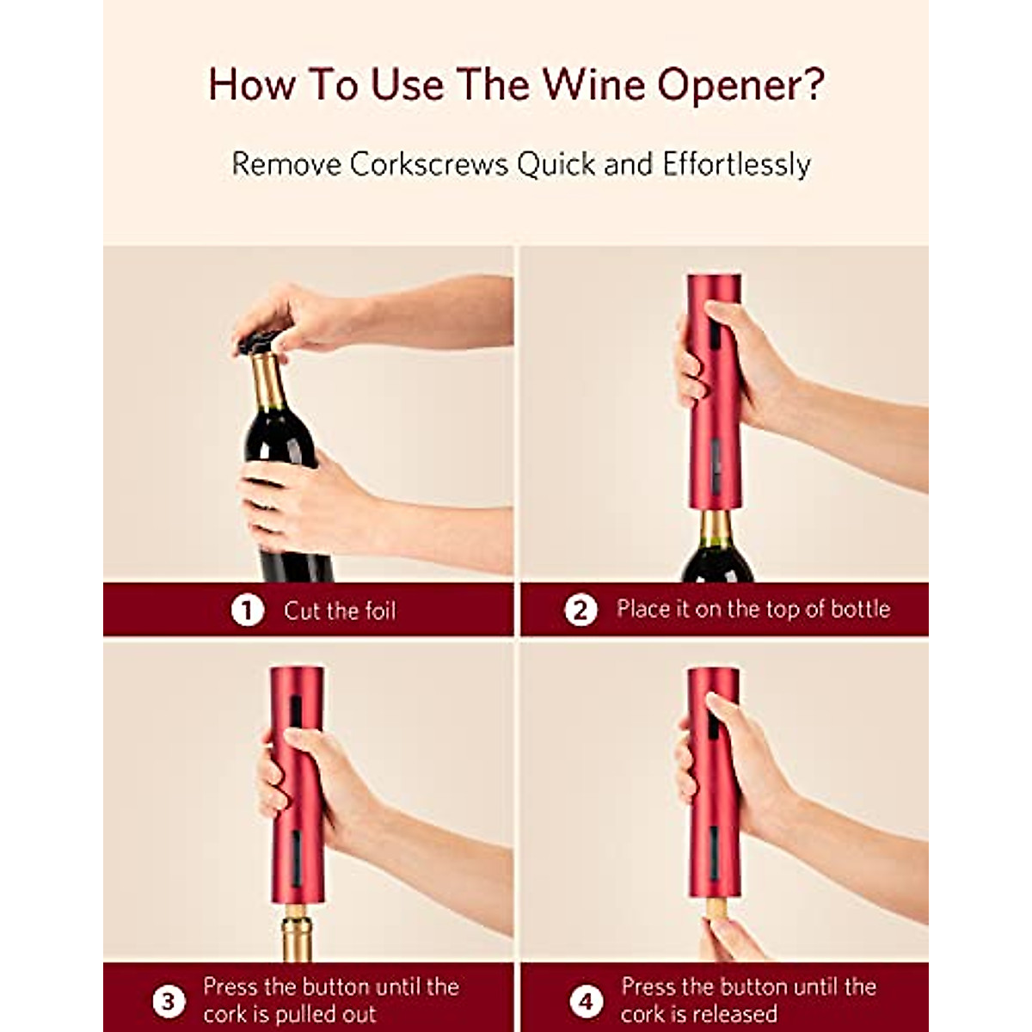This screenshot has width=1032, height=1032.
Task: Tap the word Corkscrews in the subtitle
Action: tap(428, 163)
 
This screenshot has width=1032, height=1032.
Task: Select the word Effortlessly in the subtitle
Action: tap(736, 163)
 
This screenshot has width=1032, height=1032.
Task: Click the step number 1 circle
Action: tap(247, 611)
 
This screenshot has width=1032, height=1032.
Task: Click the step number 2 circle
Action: tap(580, 611)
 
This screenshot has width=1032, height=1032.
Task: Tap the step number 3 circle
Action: tap(168, 1001)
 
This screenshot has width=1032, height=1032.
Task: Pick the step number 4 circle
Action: tap(586, 1001)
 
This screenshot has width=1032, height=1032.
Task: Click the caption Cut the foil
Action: tap(340, 611)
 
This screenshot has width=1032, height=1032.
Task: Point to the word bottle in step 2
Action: tap(854, 609)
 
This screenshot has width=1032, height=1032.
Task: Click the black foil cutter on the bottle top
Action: tap(259, 341)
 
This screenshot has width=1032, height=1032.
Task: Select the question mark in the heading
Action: tap(813, 84)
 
